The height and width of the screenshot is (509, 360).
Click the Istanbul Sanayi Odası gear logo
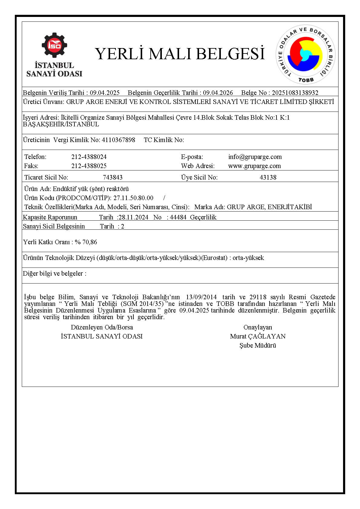coord(54,45)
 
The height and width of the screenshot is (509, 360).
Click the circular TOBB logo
coord(306,54)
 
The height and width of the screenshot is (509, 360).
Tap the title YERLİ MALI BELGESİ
coord(180,53)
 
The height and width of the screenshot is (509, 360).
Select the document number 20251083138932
coord(295,93)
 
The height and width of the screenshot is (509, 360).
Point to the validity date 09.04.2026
coord(218,93)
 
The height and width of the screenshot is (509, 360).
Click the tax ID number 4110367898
coord(119,140)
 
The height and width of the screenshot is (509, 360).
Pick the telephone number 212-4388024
coord(89,157)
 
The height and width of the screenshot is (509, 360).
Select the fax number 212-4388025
coord(89,166)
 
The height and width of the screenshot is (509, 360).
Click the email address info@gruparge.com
coord(255,157)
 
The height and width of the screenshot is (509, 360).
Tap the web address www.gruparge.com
coord(254,166)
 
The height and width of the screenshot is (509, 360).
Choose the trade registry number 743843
coord(113,177)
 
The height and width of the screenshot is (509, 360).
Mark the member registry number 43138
coord(268,177)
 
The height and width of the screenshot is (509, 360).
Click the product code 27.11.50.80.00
coord(133,198)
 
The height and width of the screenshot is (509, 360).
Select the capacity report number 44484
coord(178,217)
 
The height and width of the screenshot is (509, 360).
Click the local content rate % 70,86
coord(86,242)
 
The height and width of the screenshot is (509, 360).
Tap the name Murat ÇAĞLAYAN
coord(258,336)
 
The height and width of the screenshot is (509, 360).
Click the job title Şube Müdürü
coord(258,345)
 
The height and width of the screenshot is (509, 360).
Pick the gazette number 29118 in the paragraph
coord(258,297)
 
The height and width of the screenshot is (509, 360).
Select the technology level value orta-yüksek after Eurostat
coord(248,258)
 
